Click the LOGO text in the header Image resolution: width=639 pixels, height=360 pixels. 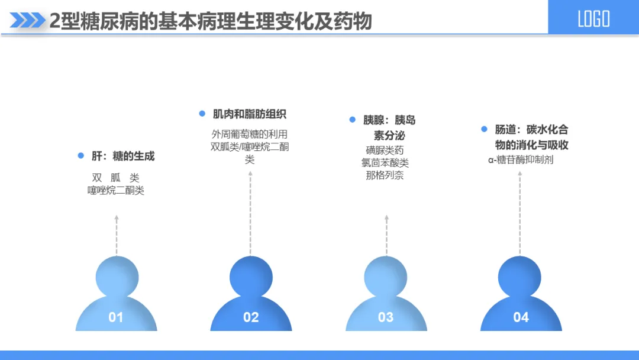(x=593, y=19)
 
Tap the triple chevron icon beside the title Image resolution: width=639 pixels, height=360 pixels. (x=28, y=21)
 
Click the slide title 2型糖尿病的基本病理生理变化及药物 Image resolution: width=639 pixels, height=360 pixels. (x=210, y=21)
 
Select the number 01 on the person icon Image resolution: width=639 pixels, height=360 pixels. (x=116, y=317)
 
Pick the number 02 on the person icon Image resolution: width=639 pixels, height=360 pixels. (x=251, y=317)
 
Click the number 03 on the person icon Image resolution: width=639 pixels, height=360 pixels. (x=386, y=317)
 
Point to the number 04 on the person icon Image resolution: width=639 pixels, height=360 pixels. (x=521, y=317)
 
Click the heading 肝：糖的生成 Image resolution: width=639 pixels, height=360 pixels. (x=123, y=156)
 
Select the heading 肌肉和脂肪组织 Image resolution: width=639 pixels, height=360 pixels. (x=250, y=114)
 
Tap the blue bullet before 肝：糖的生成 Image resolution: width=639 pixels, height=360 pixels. (x=81, y=156)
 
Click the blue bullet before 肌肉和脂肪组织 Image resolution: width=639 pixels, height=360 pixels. (x=202, y=114)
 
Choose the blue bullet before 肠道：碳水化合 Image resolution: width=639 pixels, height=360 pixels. (x=483, y=129)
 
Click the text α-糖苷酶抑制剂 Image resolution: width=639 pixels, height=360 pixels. (x=521, y=160)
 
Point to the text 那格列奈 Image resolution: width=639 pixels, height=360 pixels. (x=385, y=175)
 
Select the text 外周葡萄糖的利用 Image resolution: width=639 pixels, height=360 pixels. (x=250, y=134)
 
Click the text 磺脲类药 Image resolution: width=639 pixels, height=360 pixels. (x=385, y=150)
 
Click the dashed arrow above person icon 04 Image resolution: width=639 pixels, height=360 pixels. (x=520, y=213)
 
